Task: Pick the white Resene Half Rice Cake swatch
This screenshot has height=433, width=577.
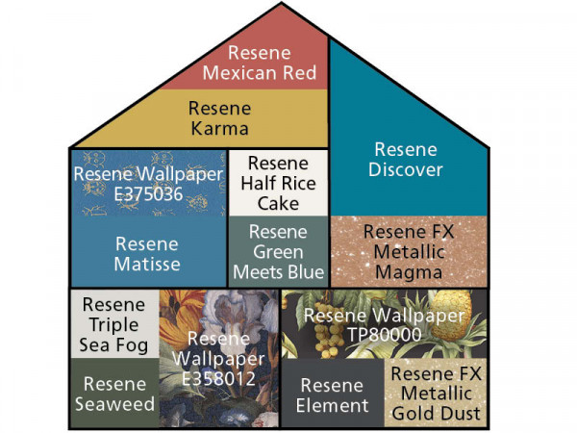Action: point(278,183)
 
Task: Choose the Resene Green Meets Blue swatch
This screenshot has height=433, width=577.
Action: point(278,251)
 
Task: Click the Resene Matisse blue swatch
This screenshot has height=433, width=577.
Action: point(148,251)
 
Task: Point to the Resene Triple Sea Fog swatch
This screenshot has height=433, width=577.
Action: point(114,323)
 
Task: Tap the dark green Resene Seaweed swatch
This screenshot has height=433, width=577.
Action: point(114,393)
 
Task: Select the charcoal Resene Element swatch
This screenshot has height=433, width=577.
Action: point(333,393)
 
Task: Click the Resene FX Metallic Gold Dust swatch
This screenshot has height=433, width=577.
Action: point(436,393)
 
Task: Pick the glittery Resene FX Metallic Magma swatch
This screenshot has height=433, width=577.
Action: point(409,251)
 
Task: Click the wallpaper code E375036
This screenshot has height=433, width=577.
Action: point(148,194)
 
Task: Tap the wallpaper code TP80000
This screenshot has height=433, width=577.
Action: point(384,335)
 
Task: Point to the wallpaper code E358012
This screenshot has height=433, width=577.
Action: point(218,378)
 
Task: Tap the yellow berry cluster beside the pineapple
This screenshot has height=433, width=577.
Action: point(328,330)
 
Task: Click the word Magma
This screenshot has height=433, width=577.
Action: point(409,272)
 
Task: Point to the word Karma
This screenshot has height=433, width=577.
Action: point(219,129)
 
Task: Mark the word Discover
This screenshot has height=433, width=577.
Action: point(406,169)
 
